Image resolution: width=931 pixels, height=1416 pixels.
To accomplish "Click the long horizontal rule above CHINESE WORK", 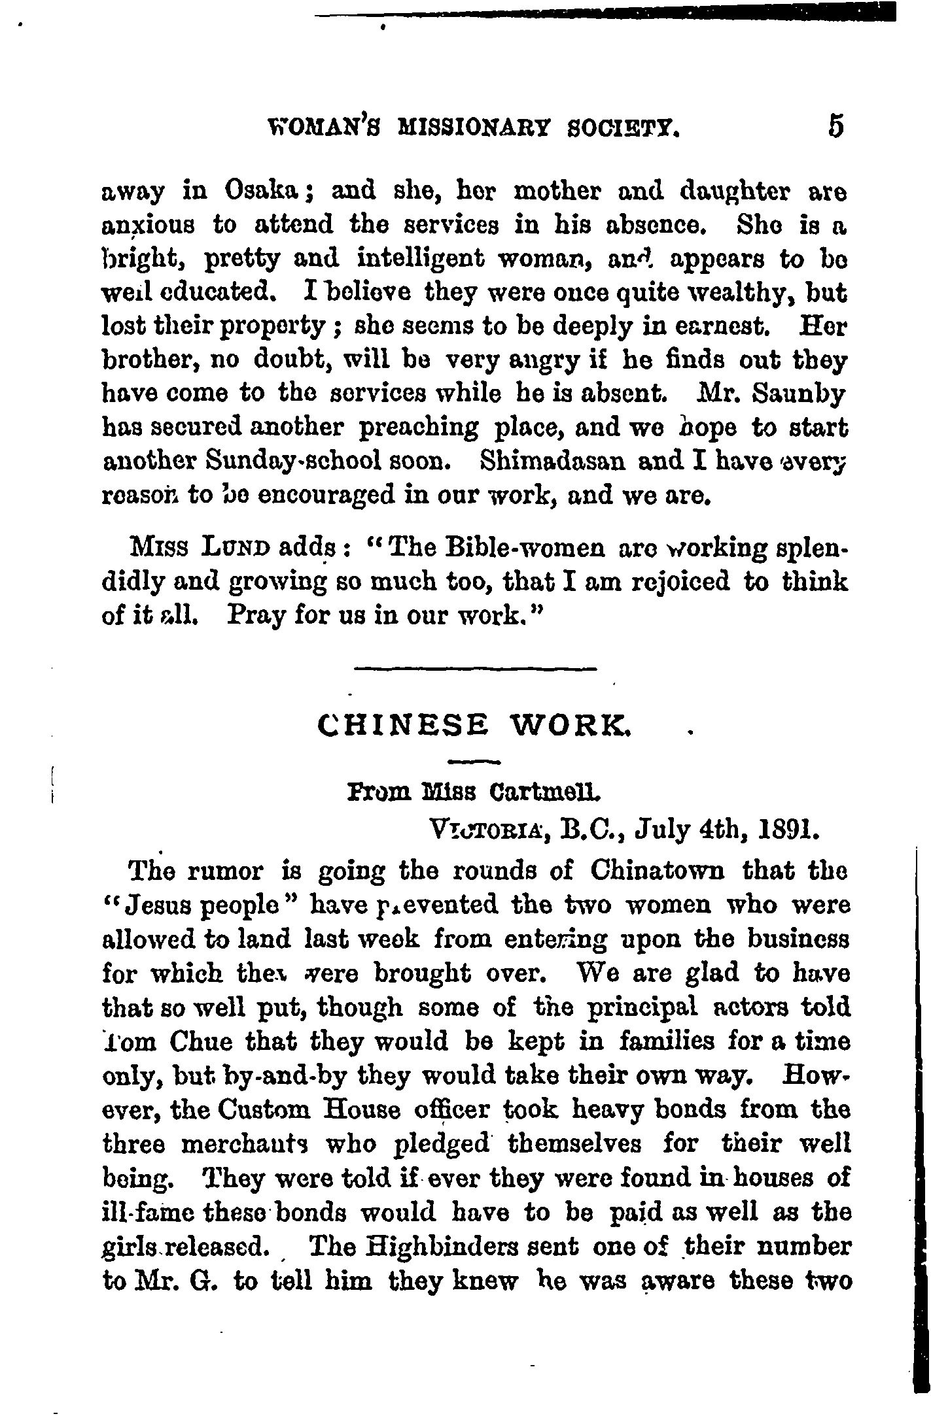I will point(475,668).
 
